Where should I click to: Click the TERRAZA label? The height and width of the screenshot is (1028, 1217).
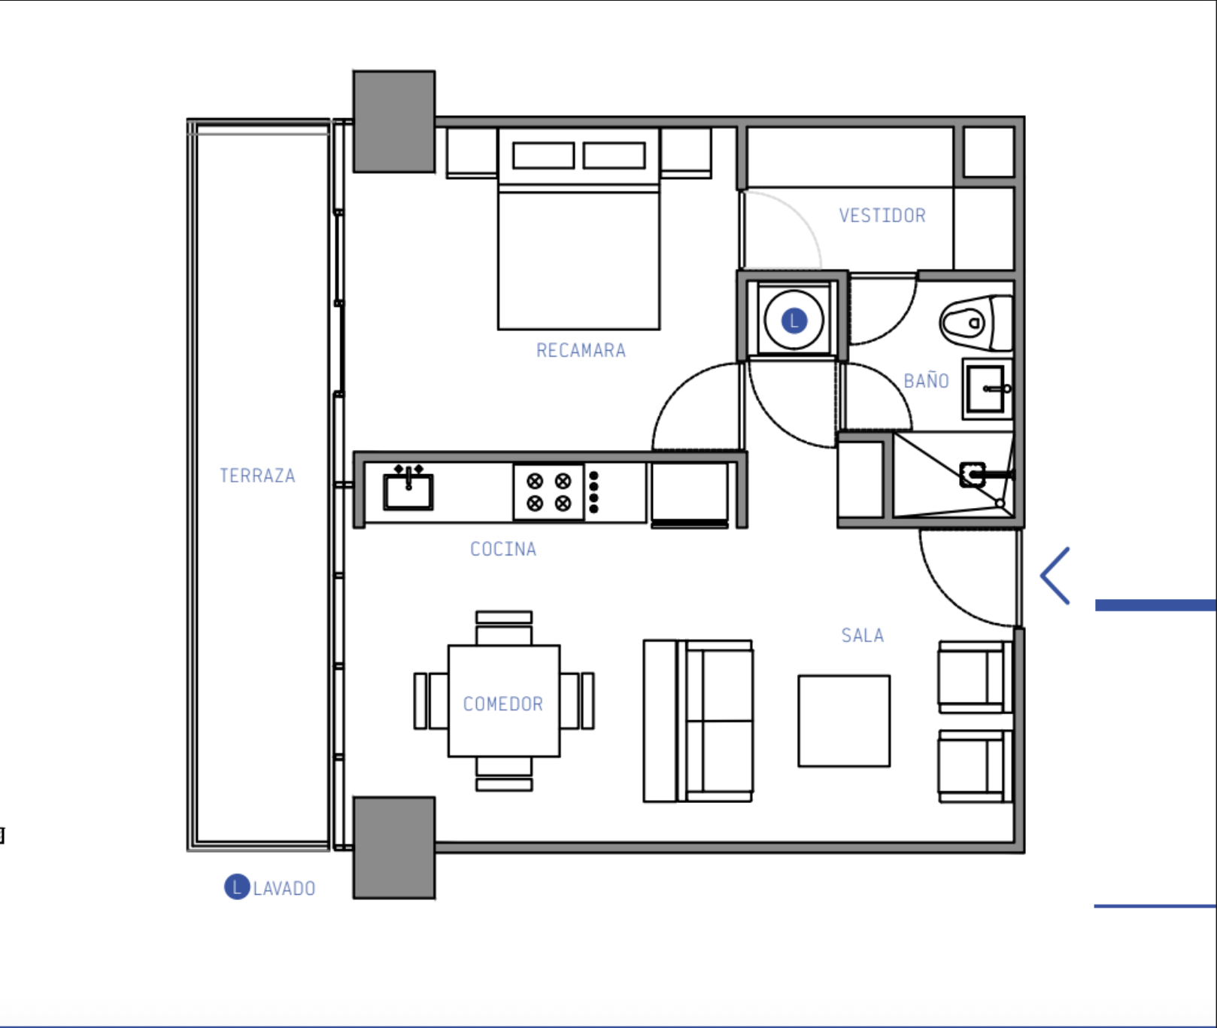pyautogui.click(x=257, y=476)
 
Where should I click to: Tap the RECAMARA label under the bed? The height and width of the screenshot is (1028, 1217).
pyautogui.click(x=581, y=351)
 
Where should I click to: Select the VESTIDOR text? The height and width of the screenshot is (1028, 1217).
pyautogui.click(x=882, y=216)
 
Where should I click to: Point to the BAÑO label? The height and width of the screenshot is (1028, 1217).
pyautogui.click(x=926, y=380)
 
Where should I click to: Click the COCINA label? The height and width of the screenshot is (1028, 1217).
pyautogui.click(x=503, y=549)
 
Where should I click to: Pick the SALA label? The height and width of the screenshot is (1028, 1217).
pyautogui.click(x=862, y=636)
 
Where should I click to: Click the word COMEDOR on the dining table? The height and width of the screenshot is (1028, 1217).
pyautogui.click(x=503, y=704)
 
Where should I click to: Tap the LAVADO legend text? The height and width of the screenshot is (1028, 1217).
pyautogui.click(x=284, y=889)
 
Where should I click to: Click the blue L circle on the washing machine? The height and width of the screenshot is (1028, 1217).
pyautogui.click(x=794, y=321)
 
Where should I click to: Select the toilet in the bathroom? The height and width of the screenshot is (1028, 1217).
pyautogui.click(x=976, y=323)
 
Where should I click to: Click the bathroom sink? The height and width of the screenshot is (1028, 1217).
pyautogui.click(x=988, y=389)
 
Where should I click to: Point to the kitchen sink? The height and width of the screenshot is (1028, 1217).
pyautogui.click(x=408, y=488)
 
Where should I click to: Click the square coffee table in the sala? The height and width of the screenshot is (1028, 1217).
pyautogui.click(x=844, y=721)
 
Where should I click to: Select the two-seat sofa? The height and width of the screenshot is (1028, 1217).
pyautogui.click(x=698, y=721)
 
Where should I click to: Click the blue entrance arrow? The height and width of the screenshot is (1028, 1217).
pyautogui.click(x=1055, y=576)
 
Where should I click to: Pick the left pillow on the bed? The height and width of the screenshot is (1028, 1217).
pyautogui.click(x=543, y=156)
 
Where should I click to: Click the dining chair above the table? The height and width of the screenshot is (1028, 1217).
pyautogui.click(x=504, y=628)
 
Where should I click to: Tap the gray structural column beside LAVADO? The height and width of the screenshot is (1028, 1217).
pyautogui.click(x=394, y=847)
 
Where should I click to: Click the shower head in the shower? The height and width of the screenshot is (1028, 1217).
pyautogui.click(x=973, y=475)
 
